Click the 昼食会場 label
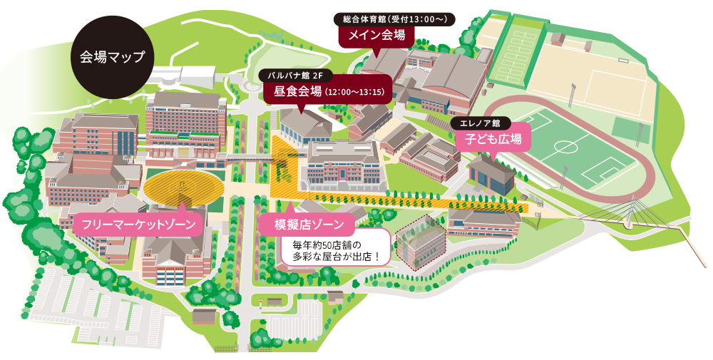324,91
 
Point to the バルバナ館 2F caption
295,73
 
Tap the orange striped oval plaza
182,187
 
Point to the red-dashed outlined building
420,239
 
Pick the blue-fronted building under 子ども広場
491,175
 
